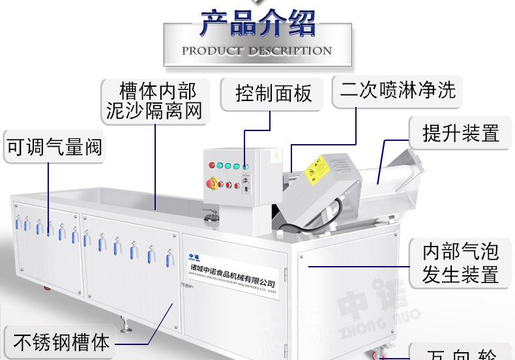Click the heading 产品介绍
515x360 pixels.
click(x=257, y=25)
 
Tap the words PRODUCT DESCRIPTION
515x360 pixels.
click(x=257, y=51)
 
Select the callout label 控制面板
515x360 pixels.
click(x=274, y=94)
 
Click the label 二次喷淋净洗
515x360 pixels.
click(x=398, y=89)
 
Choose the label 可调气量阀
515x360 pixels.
click(x=54, y=147)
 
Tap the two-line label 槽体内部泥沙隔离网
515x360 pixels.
click(x=154, y=100)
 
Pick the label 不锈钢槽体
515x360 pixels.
click(x=61, y=342)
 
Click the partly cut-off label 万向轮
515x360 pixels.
click(x=461, y=353)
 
